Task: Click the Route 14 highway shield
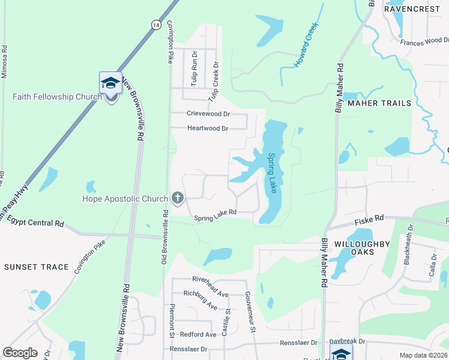coord(156,25)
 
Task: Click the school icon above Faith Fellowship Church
coord(111,83)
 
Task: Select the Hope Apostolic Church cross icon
coord(178,197)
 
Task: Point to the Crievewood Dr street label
coord(208,113)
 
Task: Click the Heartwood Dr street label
coord(208,128)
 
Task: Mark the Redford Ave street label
coord(194,334)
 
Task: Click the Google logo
coord(20,353)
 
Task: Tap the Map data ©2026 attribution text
coord(423,355)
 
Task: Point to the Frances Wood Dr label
coord(424,41)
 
